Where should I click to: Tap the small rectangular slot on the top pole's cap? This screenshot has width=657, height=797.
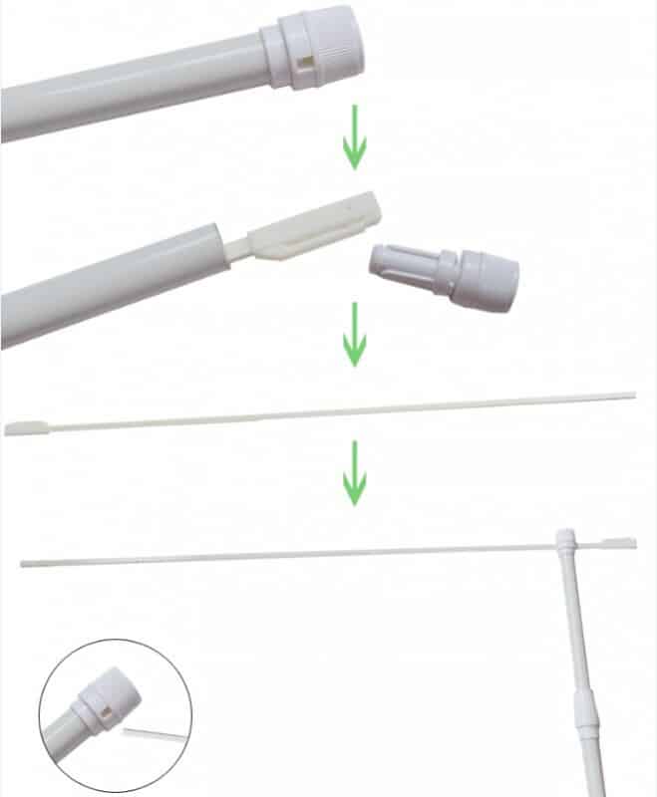pos(302,64)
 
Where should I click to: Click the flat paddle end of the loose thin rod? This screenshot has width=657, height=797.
pos(24,428)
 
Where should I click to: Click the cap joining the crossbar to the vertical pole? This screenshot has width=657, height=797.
pos(565,542)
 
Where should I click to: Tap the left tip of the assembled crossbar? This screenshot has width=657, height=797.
pos(24,564)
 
